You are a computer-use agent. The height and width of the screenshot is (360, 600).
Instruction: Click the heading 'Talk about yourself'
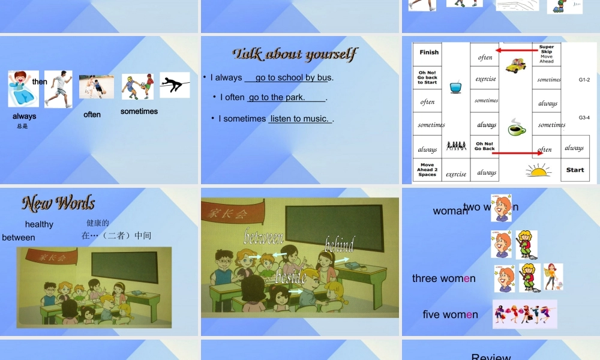tap(295, 55)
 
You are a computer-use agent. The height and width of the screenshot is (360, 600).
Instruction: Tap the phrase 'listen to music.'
tap(299, 119)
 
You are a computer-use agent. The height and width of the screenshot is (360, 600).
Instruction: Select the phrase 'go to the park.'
tap(277, 97)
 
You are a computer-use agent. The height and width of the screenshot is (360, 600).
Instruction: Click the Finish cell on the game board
tap(428, 52)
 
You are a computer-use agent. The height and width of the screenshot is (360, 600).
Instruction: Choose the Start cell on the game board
tap(575, 170)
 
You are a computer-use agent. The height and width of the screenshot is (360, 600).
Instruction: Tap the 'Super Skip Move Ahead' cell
tap(546, 54)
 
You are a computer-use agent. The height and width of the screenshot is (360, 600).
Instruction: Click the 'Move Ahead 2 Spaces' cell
tap(427, 170)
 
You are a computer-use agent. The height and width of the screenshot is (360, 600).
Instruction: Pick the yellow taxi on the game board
tap(515, 65)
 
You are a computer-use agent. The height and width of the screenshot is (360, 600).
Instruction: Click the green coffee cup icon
tap(517, 128)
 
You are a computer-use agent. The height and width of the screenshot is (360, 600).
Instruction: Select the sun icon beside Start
tap(538, 171)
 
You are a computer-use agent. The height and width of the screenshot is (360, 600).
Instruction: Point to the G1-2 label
tap(584, 79)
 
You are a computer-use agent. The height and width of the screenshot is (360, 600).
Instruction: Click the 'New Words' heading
tap(58, 203)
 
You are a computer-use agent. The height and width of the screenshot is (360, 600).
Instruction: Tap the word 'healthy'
tap(39, 224)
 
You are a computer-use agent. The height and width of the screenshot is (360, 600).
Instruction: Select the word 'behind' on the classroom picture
tap(340, 244)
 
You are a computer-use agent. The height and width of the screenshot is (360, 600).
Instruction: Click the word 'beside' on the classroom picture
tap(291, 277)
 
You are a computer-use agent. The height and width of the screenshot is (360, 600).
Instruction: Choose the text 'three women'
tap(443, 278)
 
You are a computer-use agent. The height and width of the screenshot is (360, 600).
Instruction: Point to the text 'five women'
tap(450, 314)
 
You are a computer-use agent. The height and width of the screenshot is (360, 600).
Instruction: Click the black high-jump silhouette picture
tap(175, 85)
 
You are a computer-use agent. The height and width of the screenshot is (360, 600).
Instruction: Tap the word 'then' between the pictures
tap(40, 82)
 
